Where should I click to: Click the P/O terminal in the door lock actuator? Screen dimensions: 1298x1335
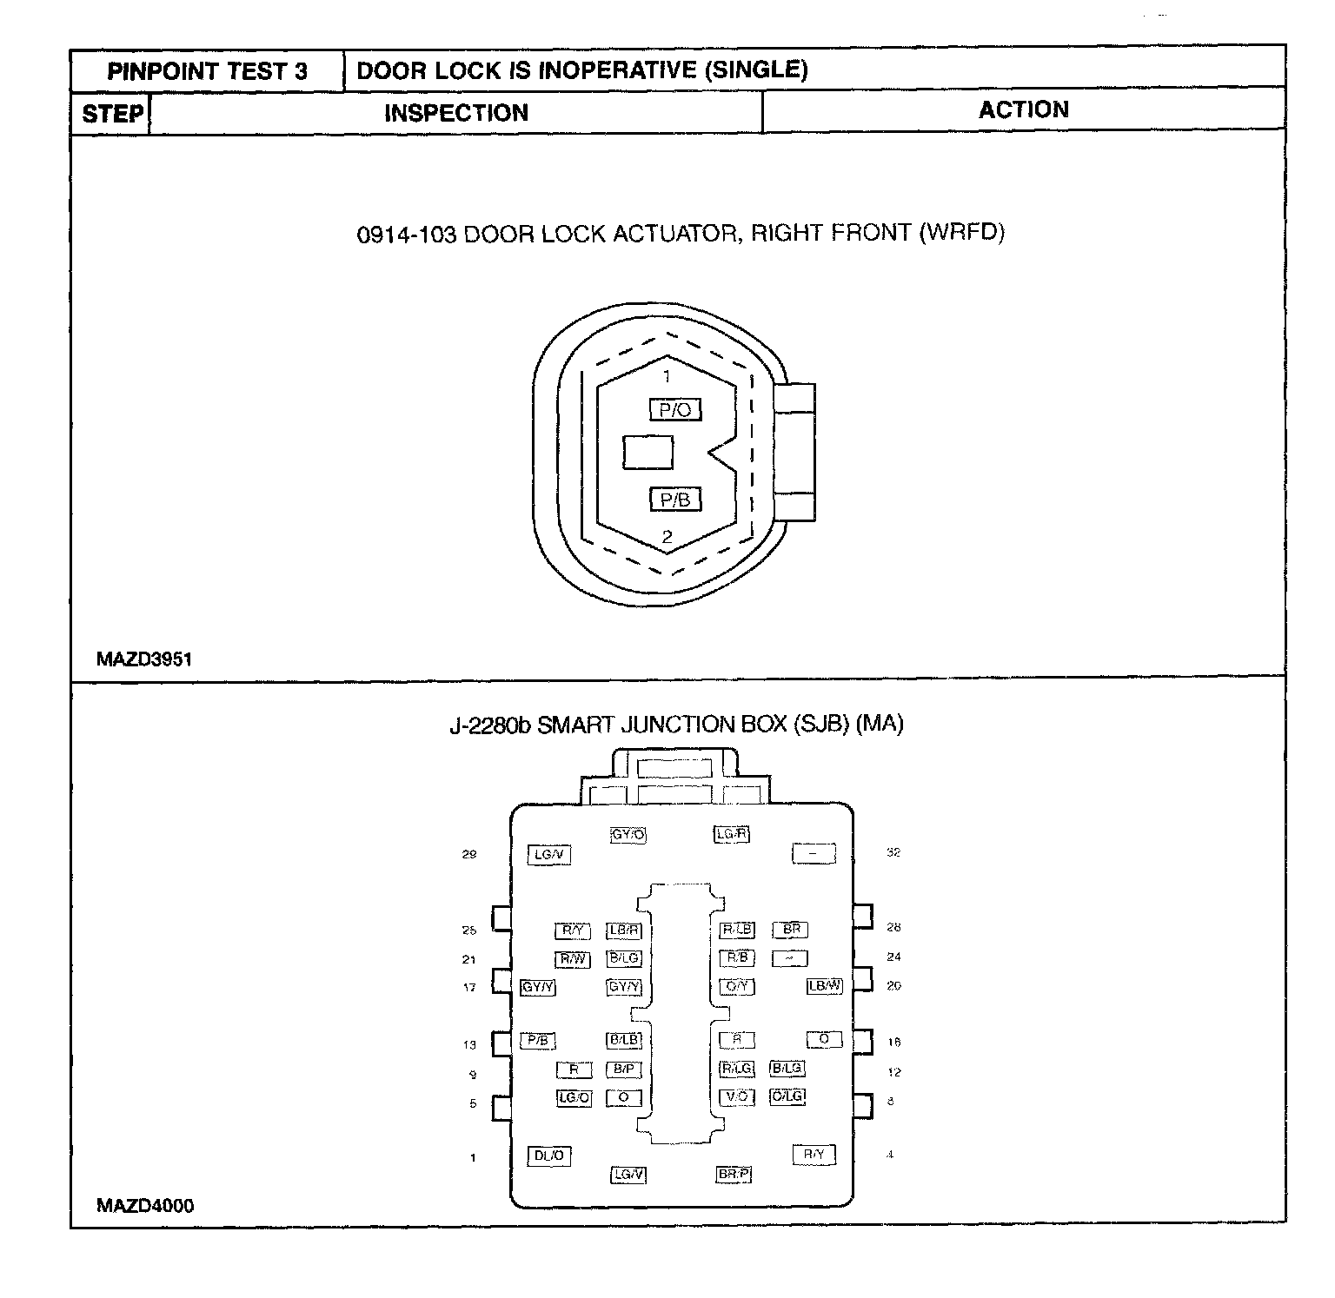pyautogui.click(x=674, y=409)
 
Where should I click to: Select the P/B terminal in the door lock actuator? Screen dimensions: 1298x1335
pyautogui.click(x=674, y=500)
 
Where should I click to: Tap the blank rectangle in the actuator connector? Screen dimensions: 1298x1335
pyautogui.click(x=648, y=453)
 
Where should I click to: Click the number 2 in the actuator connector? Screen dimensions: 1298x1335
pyautogui.click(x=667, y=537)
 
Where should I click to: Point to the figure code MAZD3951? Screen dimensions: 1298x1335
pyautogui.click(x=144, y=659)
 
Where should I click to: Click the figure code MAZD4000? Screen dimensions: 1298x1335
pyautogui.click(x=145, y=1205)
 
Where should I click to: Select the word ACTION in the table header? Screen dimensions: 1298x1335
pyautogui.click(x=1023, y=109)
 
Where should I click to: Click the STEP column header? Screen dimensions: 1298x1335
pyautogui.click(x=112, y=114)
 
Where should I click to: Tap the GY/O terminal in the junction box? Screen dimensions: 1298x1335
pyautogui.click(x=628, y=835)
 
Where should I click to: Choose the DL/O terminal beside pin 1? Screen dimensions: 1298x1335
pyautogui.click(x=549, y=1156)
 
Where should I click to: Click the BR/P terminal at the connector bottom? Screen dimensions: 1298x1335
pyautogui.click(x=734, y=1174)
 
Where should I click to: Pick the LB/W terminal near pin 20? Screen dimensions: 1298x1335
pyautogui.click(x=825, y=986)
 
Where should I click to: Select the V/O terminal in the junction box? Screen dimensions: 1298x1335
pyautogui.click(x=737, y=1096)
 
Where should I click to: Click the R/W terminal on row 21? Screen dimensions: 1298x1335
pyautogui.click(x=573, y=959)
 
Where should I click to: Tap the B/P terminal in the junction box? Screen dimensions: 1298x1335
pyautogui.click(x=624, y=1069)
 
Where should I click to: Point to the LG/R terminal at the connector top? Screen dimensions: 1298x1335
pyautogui.click(x=732, y=834)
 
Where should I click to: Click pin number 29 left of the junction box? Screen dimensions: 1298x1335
pyautogui.click(x=469, y=855)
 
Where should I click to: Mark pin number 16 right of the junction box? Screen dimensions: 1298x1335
pyautogui.click(x=893, y=1042)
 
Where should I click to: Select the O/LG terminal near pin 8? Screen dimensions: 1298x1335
pyautogui.click(x=788, y=1096)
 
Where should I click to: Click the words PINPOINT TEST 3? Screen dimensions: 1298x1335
pyautogui.click(x=207, y=71)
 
